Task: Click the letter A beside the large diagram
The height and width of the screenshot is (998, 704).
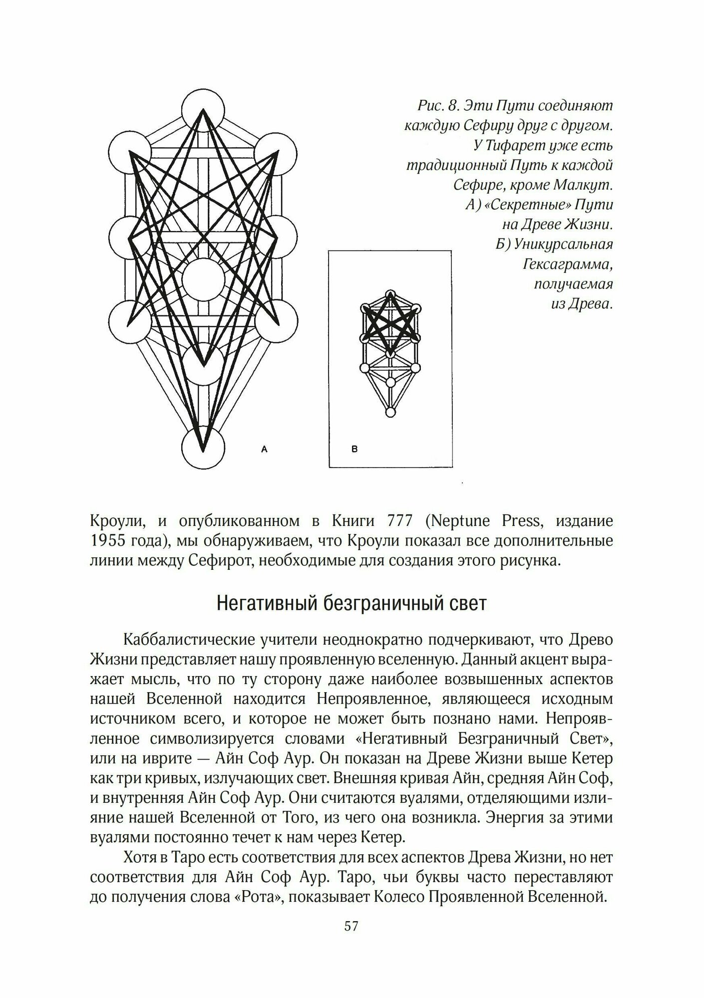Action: click(265, 449)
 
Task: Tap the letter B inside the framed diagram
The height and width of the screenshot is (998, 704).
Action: click(354, 449)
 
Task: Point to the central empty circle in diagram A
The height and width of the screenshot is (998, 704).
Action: click(203, 279)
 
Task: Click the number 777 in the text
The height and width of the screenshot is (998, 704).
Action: click(400, 521)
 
